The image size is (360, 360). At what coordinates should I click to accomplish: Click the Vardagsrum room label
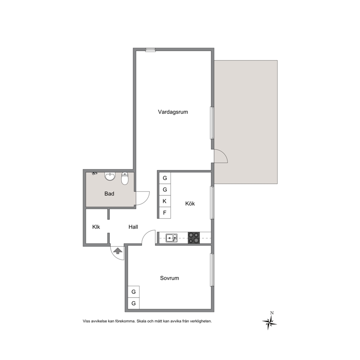173,112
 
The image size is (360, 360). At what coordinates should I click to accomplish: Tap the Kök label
190,204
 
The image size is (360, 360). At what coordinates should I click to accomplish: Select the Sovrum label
169,278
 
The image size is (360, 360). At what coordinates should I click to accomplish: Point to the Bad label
109,193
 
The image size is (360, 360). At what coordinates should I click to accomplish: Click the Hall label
133,227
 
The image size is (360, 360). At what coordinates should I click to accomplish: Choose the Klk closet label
96,227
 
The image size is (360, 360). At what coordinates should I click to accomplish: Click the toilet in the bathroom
125,179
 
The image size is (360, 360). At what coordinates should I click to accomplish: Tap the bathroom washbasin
110,176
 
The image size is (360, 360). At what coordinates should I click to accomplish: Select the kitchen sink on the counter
172,238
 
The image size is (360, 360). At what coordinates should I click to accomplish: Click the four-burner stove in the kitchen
194,238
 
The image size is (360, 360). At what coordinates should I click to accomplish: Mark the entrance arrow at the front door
118,250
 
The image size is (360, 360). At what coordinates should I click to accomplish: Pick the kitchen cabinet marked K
165,201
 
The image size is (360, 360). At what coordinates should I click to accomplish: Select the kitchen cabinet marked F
165,213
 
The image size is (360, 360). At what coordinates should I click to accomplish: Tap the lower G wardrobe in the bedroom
134,303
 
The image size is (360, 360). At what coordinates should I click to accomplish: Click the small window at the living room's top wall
150,50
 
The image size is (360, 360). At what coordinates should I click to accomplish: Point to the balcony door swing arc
224,154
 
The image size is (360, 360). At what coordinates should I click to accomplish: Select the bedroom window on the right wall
212,270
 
